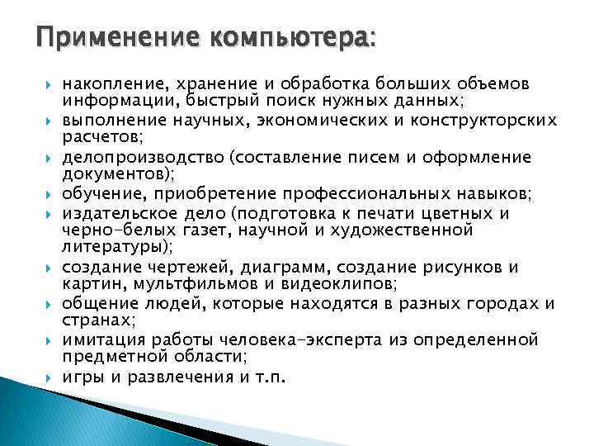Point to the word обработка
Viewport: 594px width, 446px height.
coord(327,83)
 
